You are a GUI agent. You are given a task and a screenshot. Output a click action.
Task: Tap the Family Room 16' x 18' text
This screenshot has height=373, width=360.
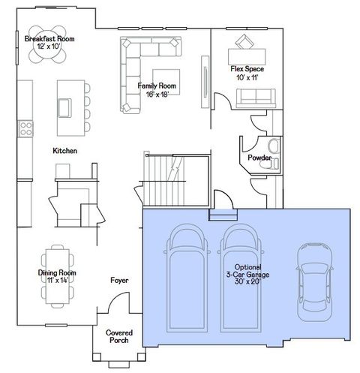click(156, 90)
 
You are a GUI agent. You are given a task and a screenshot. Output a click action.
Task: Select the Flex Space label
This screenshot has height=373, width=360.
click(247, 73)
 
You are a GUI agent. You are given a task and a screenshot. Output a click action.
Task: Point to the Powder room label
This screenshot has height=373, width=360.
click(259, 158)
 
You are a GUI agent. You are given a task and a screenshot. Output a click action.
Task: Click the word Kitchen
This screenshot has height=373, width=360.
click(64, 151)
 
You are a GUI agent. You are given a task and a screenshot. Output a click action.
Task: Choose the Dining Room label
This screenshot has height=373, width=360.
click(57, 277)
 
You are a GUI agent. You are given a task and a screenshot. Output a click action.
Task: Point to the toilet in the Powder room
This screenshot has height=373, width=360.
click(274, 146)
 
